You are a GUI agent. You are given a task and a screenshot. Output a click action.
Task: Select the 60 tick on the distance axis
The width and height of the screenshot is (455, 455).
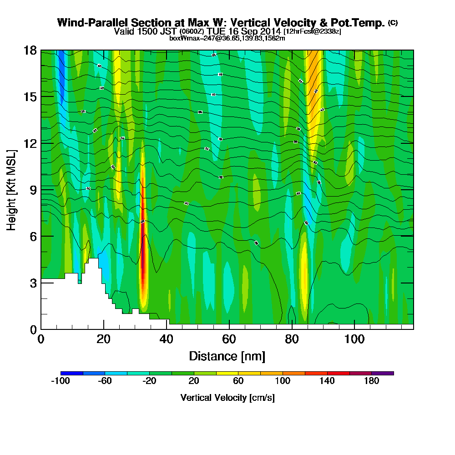tap(229, 339)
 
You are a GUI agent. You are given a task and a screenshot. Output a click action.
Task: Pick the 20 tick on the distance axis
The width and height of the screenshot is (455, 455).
tap(104, 339)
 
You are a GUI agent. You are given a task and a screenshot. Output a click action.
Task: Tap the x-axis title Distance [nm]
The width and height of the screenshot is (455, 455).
tap(227, 356)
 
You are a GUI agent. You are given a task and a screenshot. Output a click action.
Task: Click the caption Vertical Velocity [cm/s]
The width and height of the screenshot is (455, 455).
tap(227, 398)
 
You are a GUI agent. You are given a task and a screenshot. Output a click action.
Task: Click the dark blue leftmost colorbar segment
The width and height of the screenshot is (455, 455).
tap(71, 373)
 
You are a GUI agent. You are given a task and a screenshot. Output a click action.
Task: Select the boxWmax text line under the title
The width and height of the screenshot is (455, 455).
tap(227, 39)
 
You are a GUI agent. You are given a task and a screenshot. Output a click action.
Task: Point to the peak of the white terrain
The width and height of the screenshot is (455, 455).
tap(93, 259)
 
